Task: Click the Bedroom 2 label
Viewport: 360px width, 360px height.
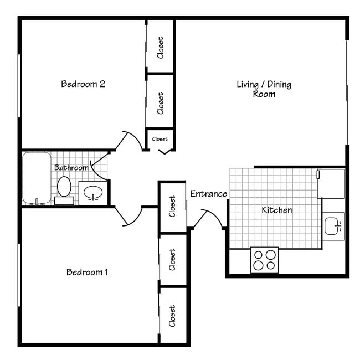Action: click(x=83, y=84)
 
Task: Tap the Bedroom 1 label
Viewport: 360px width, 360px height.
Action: click(x=87, y=272)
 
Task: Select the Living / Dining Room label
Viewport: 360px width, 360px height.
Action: click(x=264, y=89)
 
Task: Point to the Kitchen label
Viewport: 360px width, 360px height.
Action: click(x=276, y=210)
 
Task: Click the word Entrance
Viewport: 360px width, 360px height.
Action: click(x=208, y=194)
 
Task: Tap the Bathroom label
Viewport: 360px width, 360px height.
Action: click(x=71, y=167)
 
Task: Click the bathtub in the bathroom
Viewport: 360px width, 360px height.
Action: click(x=36, y=178)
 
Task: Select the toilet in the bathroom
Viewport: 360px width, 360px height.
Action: click(x=64, y=188)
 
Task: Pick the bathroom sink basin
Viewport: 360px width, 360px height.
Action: click(x=92, y=193)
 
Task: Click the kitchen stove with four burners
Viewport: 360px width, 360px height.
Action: click(x=264, y=259)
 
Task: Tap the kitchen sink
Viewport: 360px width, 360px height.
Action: click(x=333, y=226)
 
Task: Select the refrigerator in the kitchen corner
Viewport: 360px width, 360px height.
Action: click(x=331, y=183)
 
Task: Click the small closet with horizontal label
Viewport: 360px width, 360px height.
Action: click(x=160, y=139)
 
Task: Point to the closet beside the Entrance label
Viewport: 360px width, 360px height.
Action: click(x=172, y=206)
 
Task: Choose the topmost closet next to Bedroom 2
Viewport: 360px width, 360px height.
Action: click(x=161, y=47)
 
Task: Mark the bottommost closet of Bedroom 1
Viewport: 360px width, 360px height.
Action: click(x=172, y=315)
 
